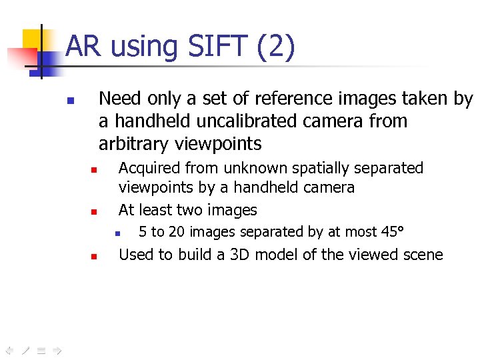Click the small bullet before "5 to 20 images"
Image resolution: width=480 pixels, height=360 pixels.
116,234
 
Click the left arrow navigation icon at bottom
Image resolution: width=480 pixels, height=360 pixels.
9,349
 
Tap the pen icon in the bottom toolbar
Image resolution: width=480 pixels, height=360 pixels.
25,349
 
